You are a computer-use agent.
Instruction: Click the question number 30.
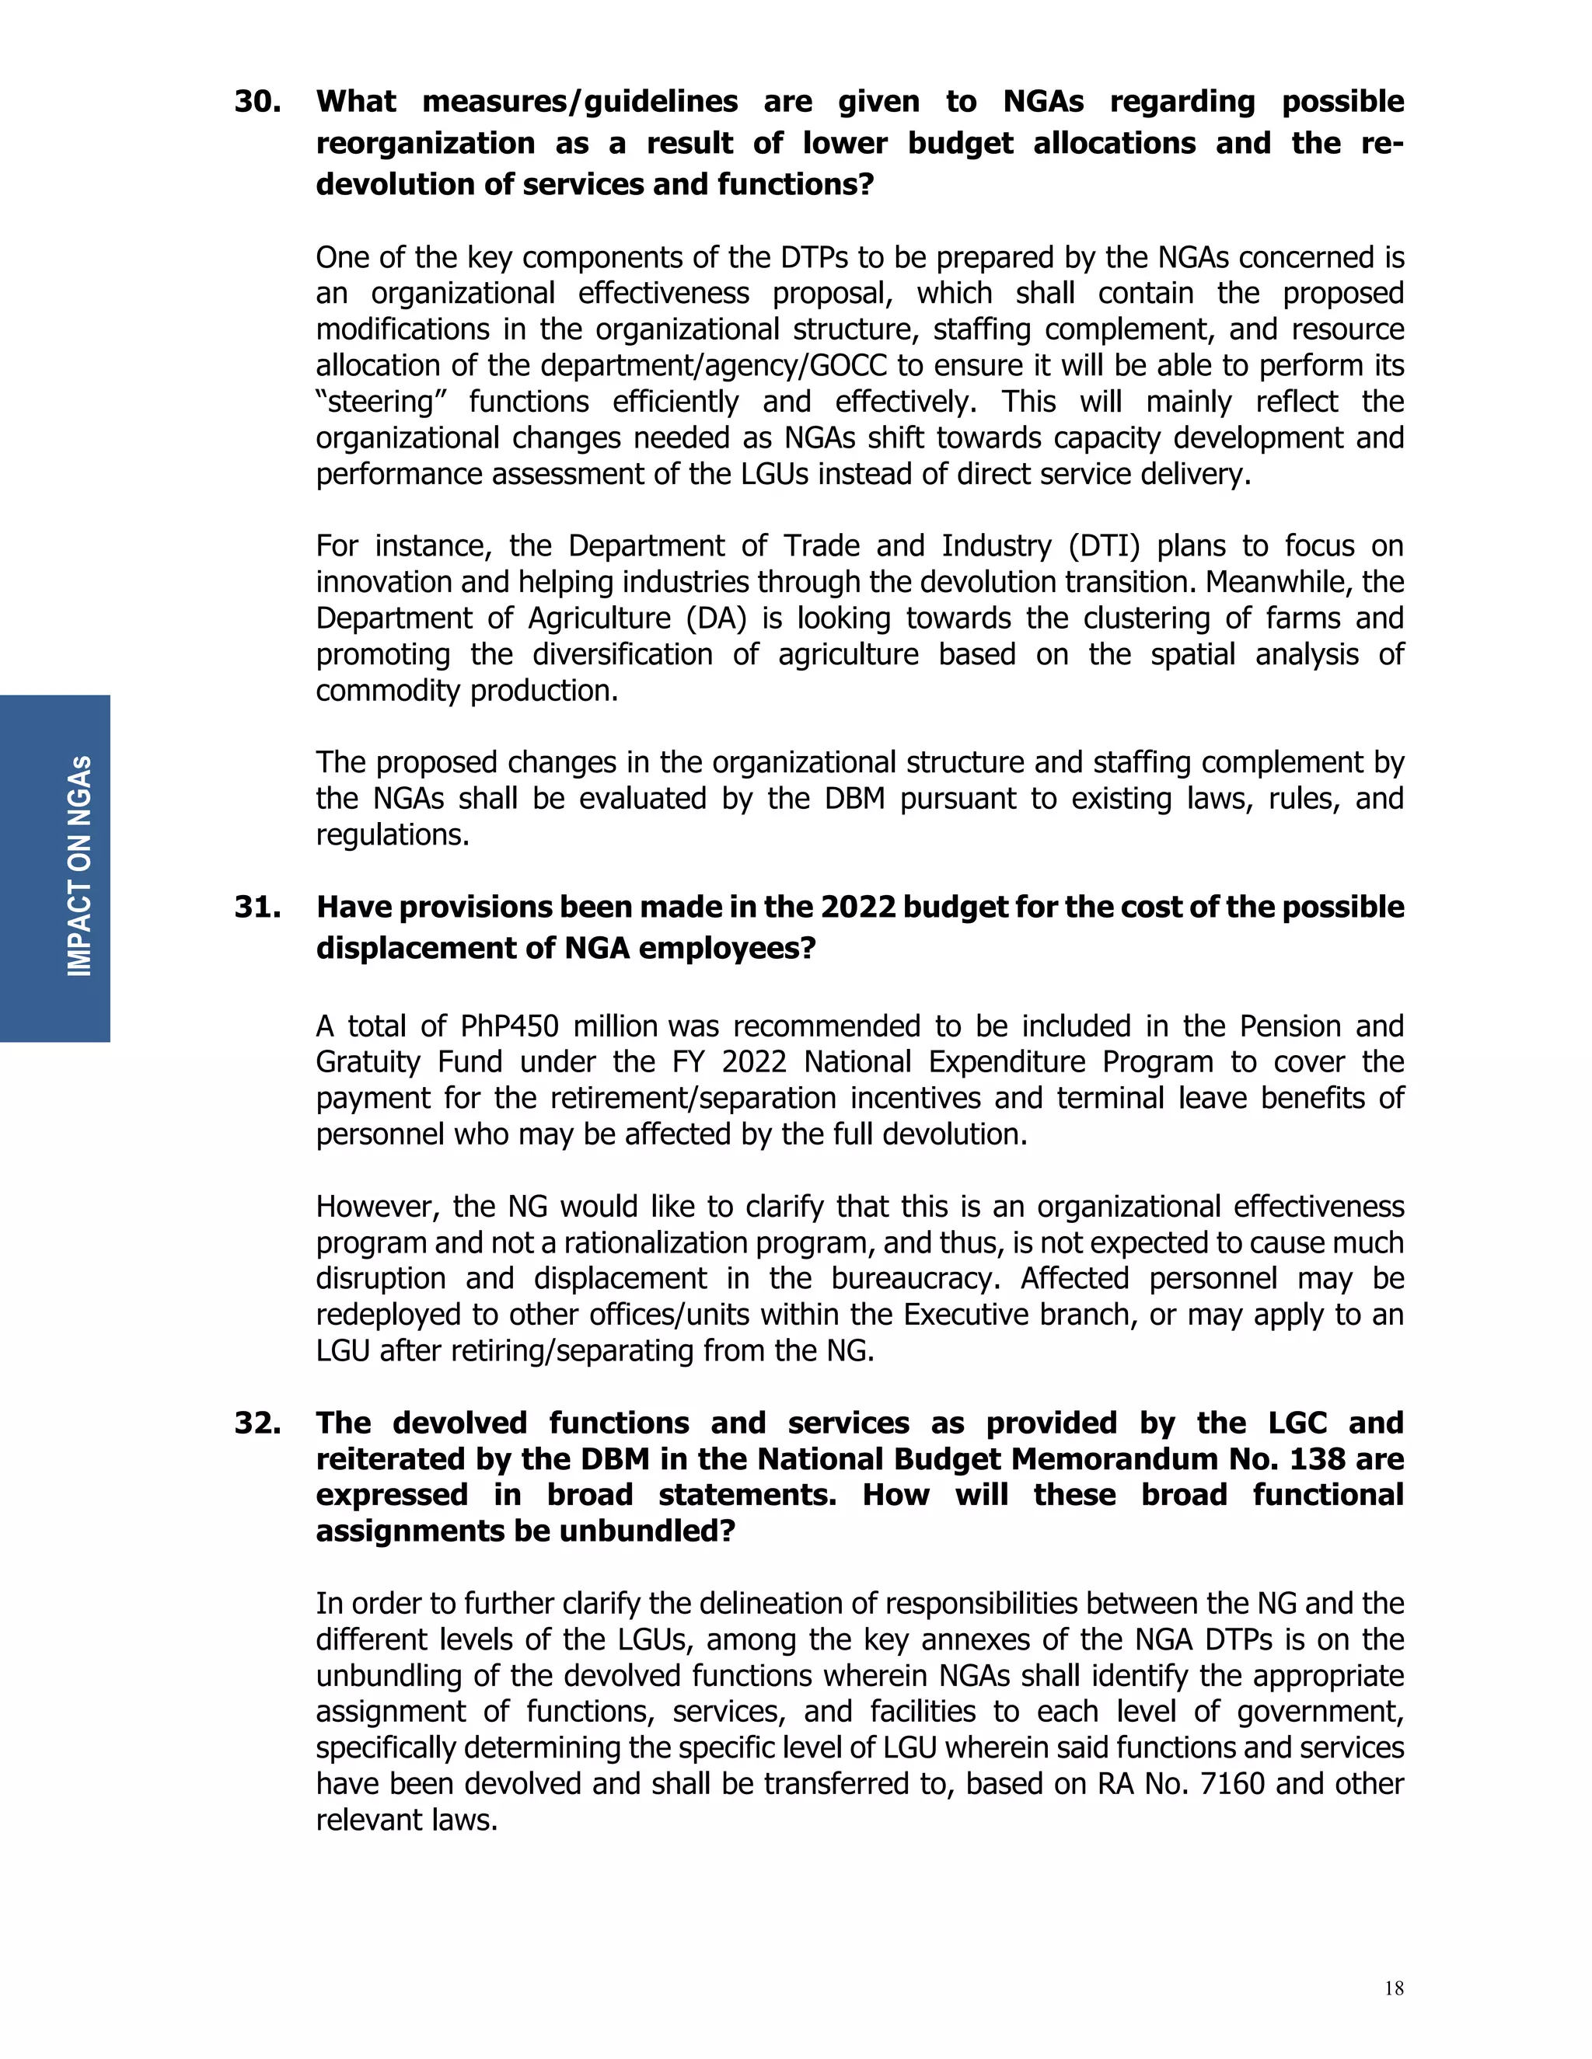257,102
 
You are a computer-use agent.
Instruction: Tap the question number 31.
257,907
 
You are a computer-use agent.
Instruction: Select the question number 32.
257,1423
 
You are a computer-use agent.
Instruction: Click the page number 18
1393,1988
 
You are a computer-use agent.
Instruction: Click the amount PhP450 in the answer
509,1026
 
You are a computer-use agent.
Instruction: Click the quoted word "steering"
380,402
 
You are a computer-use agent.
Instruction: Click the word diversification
623,654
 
